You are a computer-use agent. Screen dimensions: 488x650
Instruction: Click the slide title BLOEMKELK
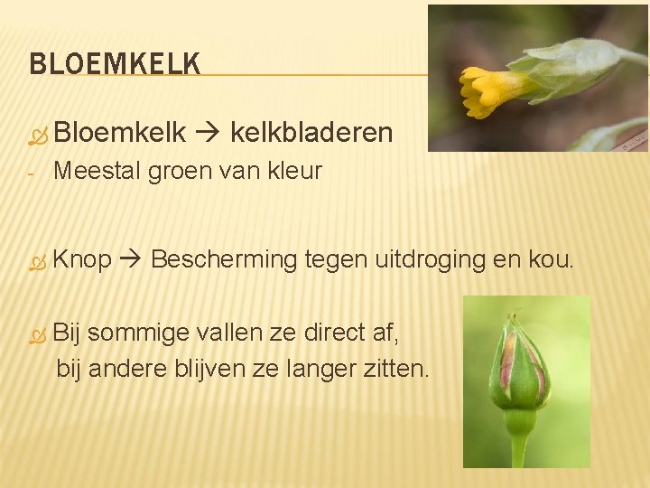(x=115, y=64)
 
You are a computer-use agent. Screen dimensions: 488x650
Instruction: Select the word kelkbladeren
(x=311, y=134)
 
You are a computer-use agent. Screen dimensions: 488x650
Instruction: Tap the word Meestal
(x=97, y=171)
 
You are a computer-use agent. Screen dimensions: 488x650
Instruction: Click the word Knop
(x=82, y=260)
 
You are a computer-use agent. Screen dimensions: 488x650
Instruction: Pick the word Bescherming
(x=224, y=260)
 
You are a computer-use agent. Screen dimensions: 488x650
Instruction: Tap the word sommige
(x=131, y=333)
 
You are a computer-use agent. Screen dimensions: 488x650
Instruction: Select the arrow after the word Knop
(x=132, y=261)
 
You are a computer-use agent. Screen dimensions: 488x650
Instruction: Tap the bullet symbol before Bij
(x=36, y=334)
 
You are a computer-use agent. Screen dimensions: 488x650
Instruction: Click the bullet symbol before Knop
(x=36, y=262)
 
